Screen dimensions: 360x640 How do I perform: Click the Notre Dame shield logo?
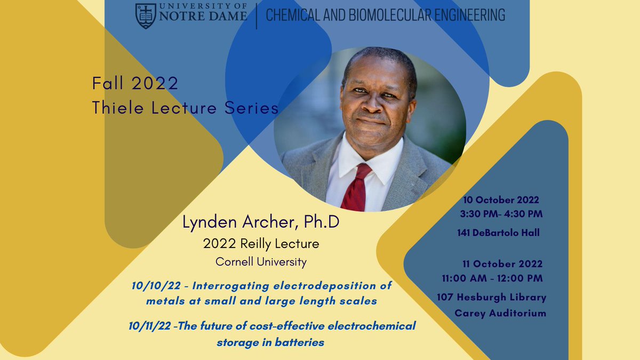pos(146,15)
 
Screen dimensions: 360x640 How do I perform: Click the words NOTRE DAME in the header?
pos(203,17)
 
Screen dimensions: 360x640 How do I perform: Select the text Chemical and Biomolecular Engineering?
pos(385,15)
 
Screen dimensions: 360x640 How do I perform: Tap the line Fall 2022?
pos(135,84)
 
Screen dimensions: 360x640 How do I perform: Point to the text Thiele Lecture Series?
pos(185,108)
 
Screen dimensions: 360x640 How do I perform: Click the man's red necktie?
pos(356,187)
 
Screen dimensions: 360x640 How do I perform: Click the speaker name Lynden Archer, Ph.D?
pos(261,223)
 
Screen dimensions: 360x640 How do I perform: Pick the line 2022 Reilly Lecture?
pos(261,244)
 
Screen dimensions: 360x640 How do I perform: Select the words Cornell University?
pos(261,262)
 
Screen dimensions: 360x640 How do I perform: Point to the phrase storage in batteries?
pos(270,342)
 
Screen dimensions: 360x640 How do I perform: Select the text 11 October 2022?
pos(503,264)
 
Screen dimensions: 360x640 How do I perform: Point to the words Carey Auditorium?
pos(500,313)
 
